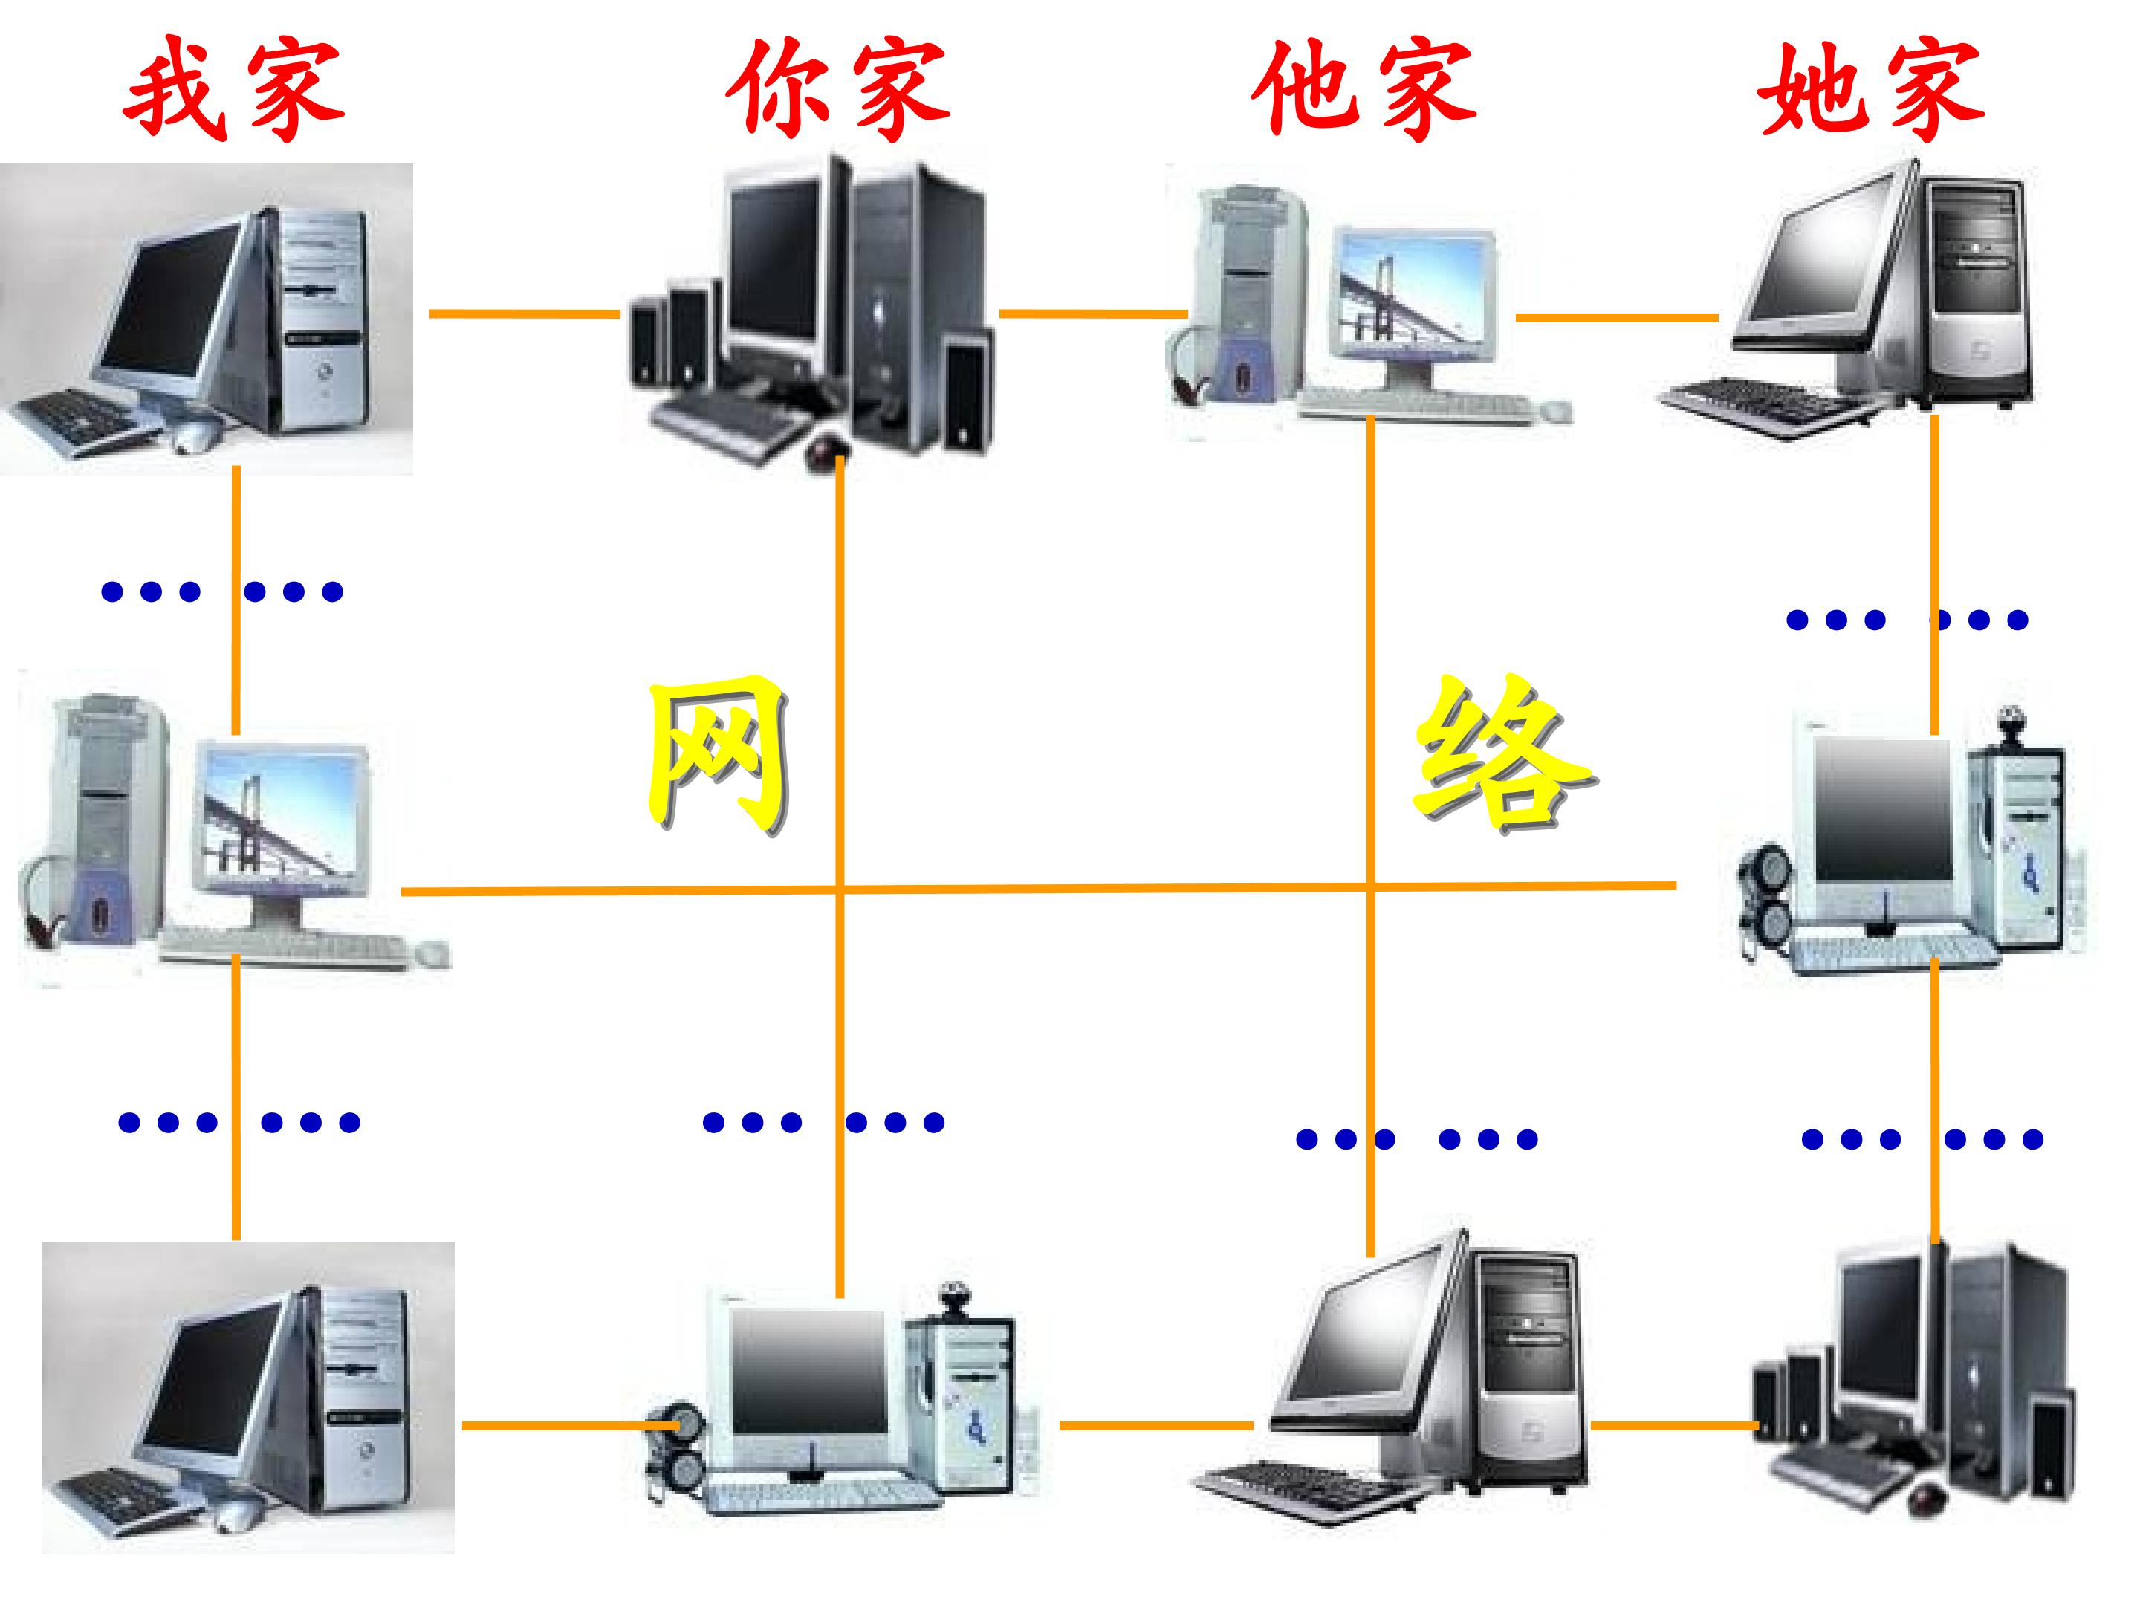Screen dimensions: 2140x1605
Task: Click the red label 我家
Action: [x=234, y=89]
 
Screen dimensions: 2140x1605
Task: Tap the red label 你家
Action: [x=838, y=89]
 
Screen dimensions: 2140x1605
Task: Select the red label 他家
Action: [x=1364, y=89]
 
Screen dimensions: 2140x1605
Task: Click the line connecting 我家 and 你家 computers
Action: [x=525, y=314]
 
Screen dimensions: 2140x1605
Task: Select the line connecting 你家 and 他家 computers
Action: [x=1093, y=314]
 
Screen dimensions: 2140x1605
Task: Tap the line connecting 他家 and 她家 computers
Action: [x=1617, y=317]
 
